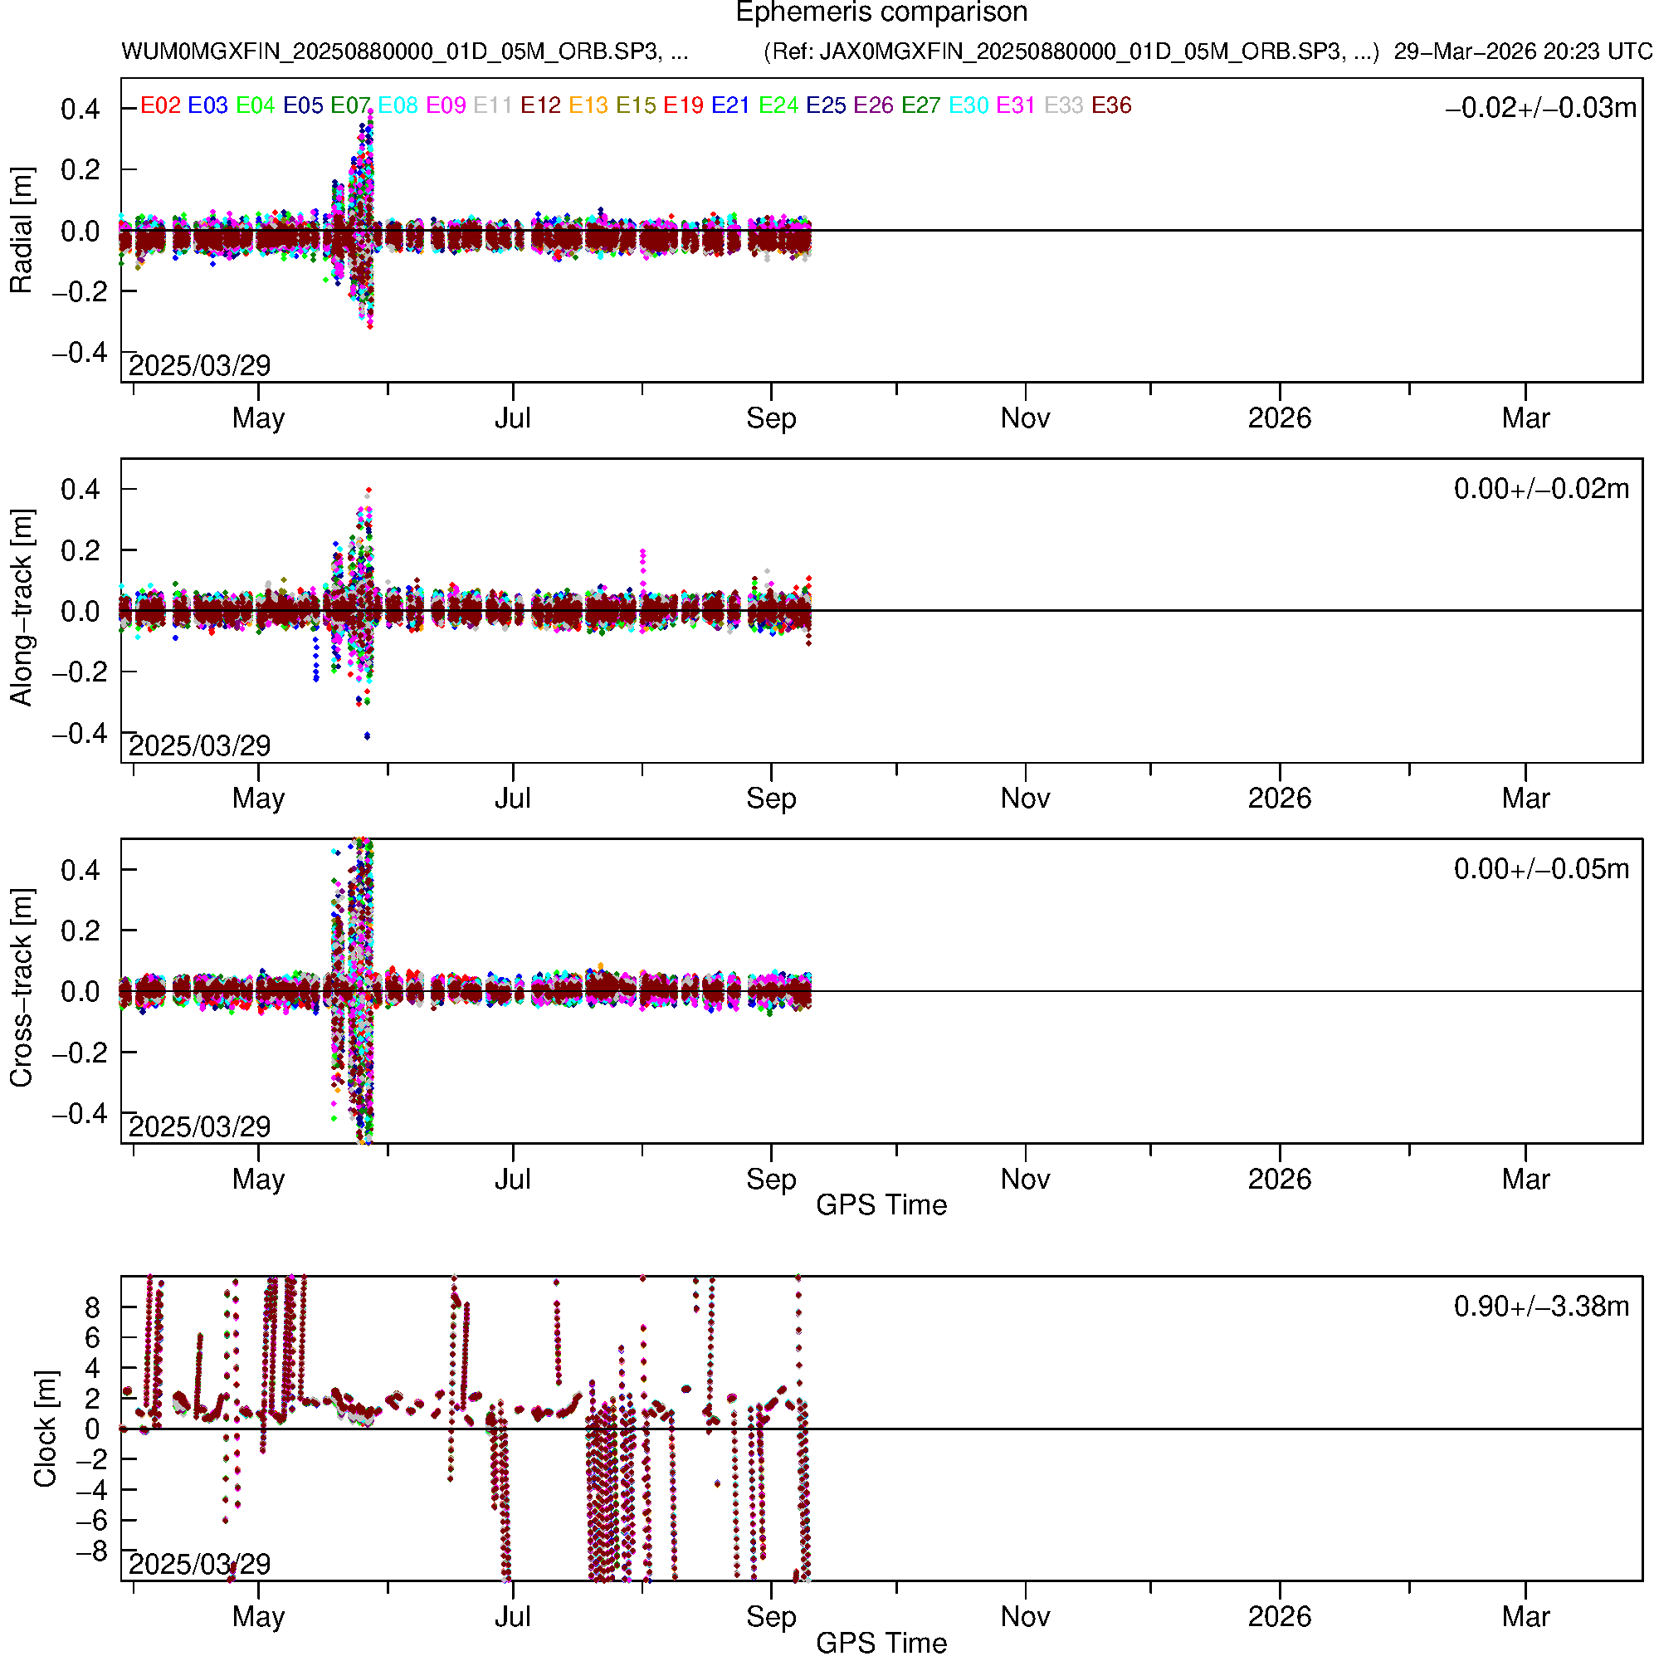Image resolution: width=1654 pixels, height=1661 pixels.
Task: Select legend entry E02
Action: coord(160,105)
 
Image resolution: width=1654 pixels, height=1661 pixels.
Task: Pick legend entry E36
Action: coord(1110,105)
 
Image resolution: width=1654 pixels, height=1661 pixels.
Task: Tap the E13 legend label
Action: coord(588,105)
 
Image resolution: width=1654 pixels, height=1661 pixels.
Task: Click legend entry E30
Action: coord(968,105)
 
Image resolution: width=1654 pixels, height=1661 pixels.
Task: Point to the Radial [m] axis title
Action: coord(21,231)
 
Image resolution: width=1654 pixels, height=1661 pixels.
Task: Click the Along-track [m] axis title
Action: coord(21,608)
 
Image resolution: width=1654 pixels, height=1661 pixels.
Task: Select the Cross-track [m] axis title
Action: coord(21,989)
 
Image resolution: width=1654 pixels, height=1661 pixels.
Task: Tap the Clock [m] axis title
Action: coord(45,1429)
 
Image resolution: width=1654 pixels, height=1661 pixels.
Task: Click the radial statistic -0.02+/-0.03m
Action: coord(1540,108)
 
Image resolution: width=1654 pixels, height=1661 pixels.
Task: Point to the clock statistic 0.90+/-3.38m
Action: coord(1540,1307)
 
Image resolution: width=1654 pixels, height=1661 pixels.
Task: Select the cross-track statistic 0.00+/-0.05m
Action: coord(1540,869)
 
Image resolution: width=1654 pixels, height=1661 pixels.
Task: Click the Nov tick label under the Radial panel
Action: coord(1025,418)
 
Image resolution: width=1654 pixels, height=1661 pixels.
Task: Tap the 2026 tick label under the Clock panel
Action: coord(1279,1617)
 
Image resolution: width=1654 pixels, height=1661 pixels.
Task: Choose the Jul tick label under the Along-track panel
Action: coord(512,799)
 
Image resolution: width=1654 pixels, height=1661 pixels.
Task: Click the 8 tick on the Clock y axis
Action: coord(92,1308)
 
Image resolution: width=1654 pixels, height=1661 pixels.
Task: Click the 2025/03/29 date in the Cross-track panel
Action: coord(199,1126)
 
